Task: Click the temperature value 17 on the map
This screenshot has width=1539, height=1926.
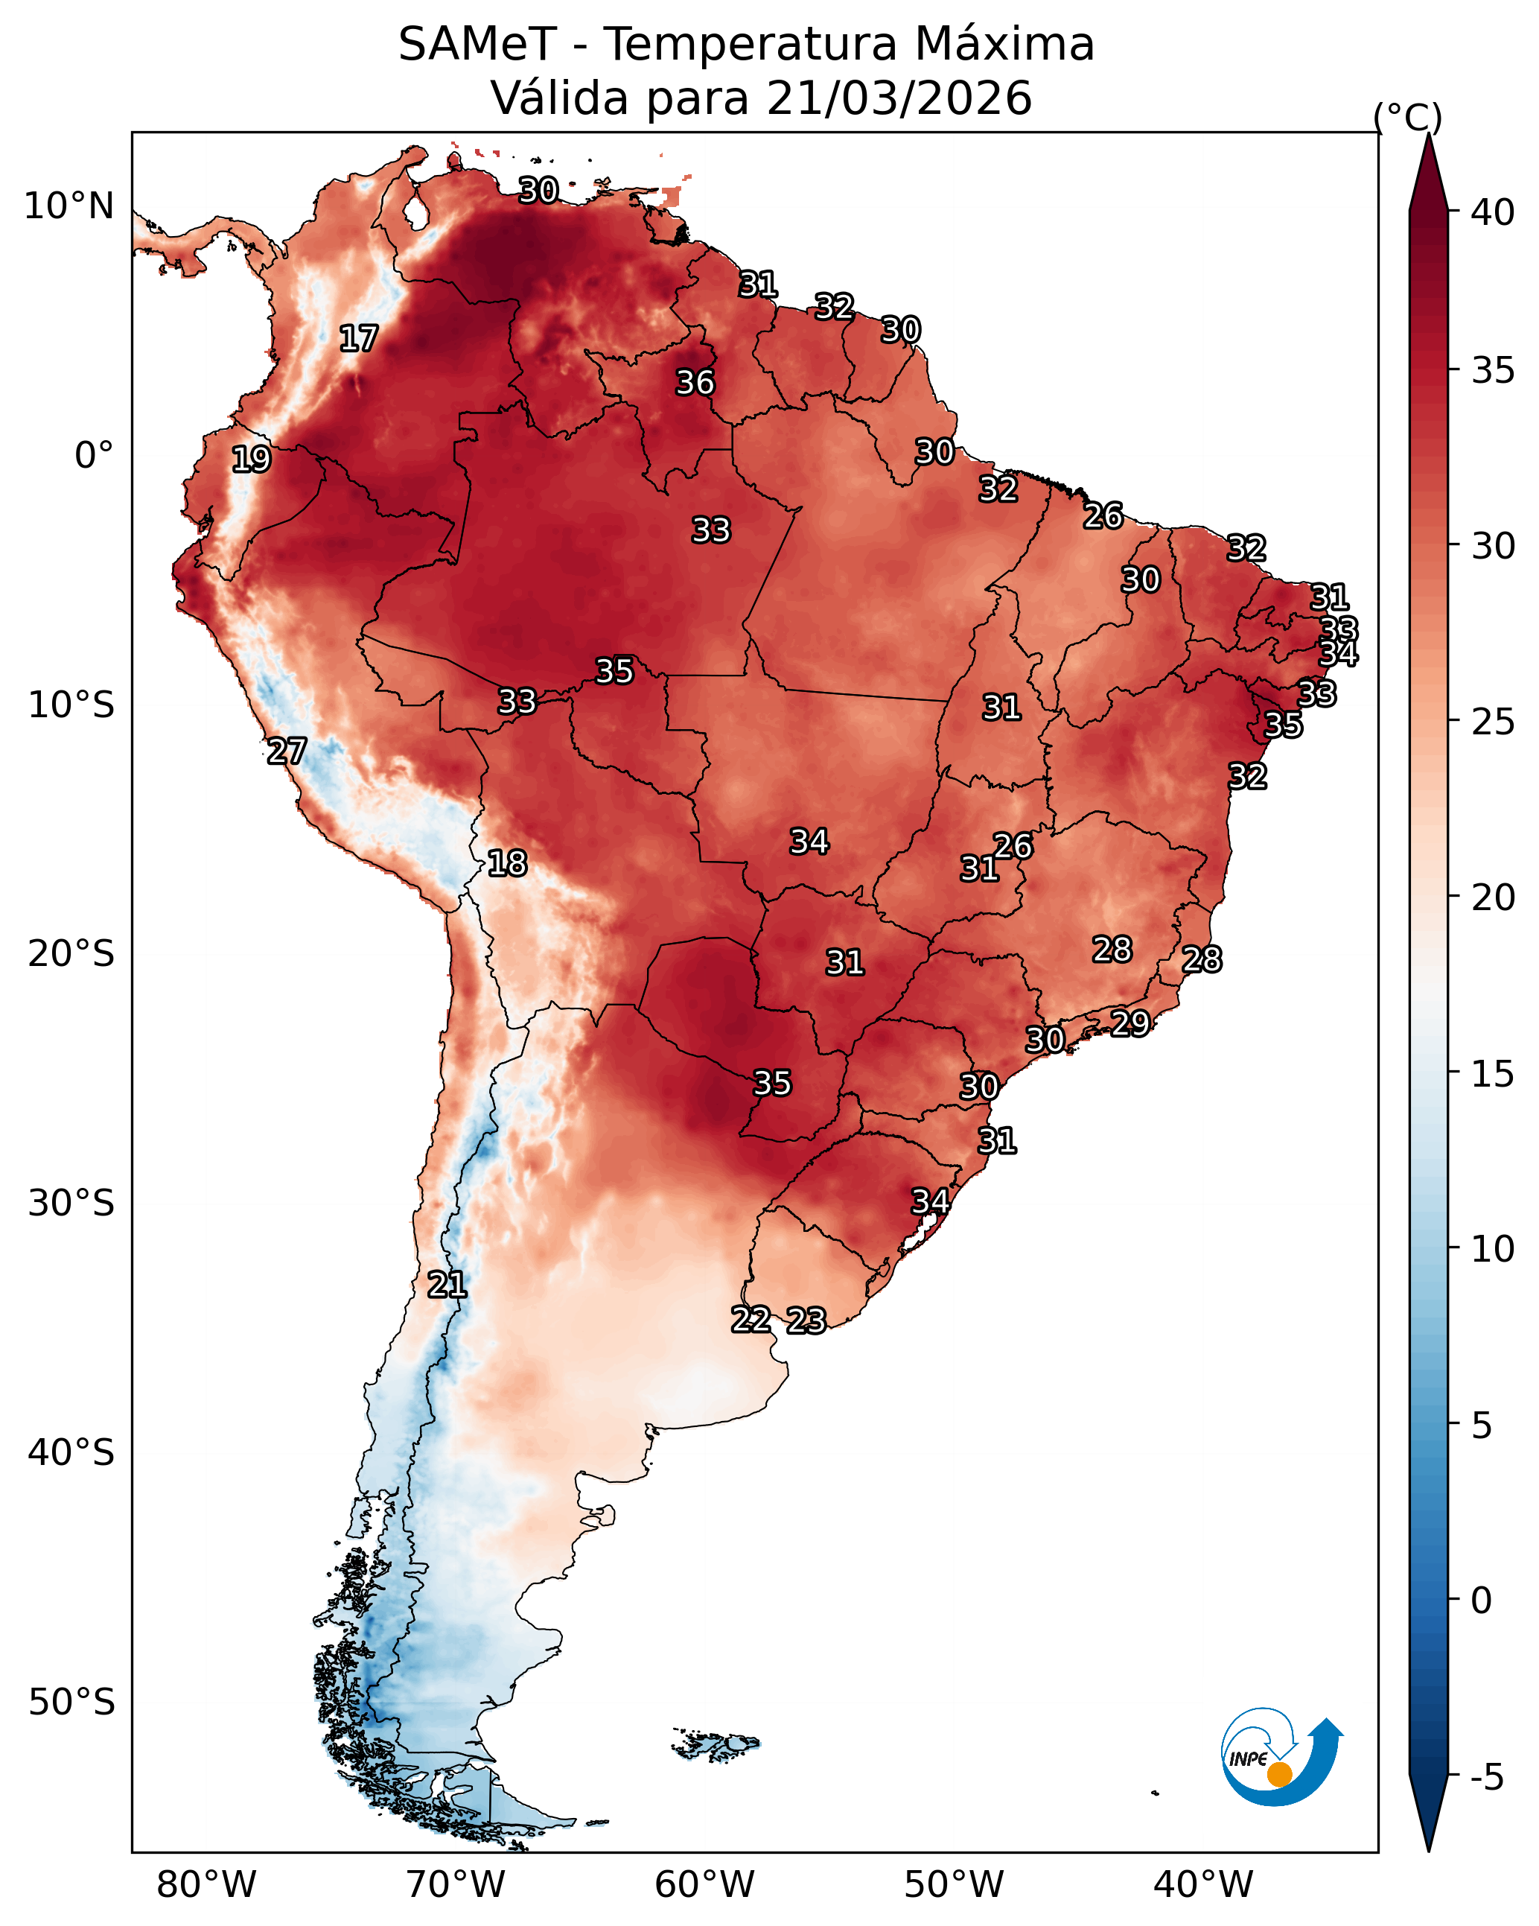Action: click(x=358, y=339)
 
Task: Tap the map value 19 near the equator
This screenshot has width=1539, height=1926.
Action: click(x=251, y=460)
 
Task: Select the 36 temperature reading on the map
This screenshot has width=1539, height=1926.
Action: click(x=695, y=384)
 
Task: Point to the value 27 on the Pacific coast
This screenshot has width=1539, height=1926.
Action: click(x=287, y=751)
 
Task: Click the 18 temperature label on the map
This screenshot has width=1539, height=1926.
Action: click(x=507, y=864)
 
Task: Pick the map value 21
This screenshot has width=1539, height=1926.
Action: click(x=447, y=1285)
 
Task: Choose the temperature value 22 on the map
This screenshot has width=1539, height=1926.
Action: click(x=751, y=1320)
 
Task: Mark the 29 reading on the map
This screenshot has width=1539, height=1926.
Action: click(x=1130, y=1023)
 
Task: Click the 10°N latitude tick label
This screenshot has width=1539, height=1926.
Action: click(x=68, y=206)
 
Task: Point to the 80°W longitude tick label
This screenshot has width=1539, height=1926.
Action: click(x=206, y=1885)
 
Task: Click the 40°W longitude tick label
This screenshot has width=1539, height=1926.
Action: click(x=1203, y=1885)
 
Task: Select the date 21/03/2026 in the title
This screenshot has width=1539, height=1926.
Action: click(x=899, y=98)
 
